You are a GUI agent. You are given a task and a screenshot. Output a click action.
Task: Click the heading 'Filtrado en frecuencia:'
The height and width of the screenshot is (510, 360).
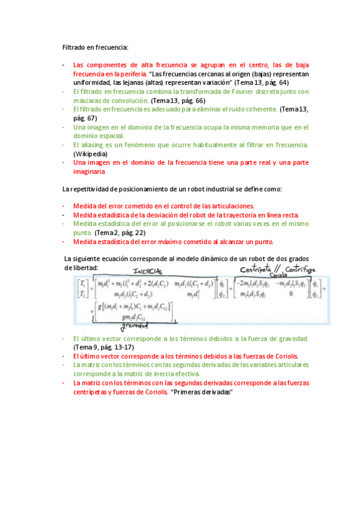(x=96, y=46)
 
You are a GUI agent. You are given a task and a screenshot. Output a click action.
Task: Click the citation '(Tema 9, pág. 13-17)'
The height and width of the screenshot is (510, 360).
(x=103, y=347)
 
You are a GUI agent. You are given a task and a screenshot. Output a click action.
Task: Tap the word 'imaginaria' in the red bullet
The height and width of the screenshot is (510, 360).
(x=89, y=171)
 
